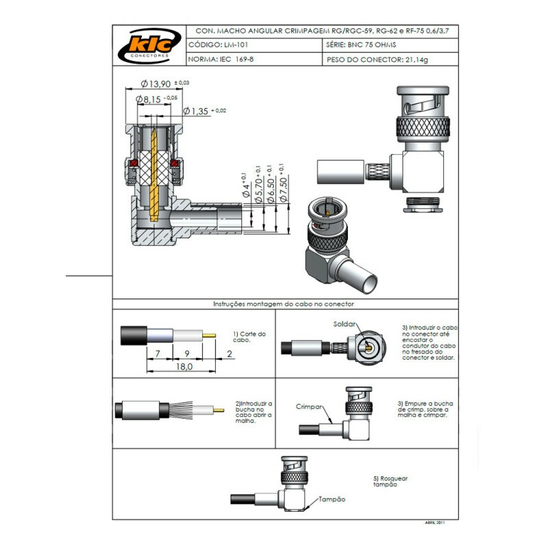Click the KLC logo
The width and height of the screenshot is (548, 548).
click(x=149, y=46)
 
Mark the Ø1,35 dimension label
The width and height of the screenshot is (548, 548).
click(x=199, y=111)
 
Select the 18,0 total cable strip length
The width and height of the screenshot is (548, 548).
click(x=184, y=367)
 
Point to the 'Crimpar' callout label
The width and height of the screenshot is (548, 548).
click(x=309, y=406)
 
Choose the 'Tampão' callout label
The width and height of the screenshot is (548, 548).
click(x=331, y=499)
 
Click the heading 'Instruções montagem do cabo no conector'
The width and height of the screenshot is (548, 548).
click(x=284, y=303)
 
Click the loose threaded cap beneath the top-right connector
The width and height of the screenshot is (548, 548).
click(x=424, y=203)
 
